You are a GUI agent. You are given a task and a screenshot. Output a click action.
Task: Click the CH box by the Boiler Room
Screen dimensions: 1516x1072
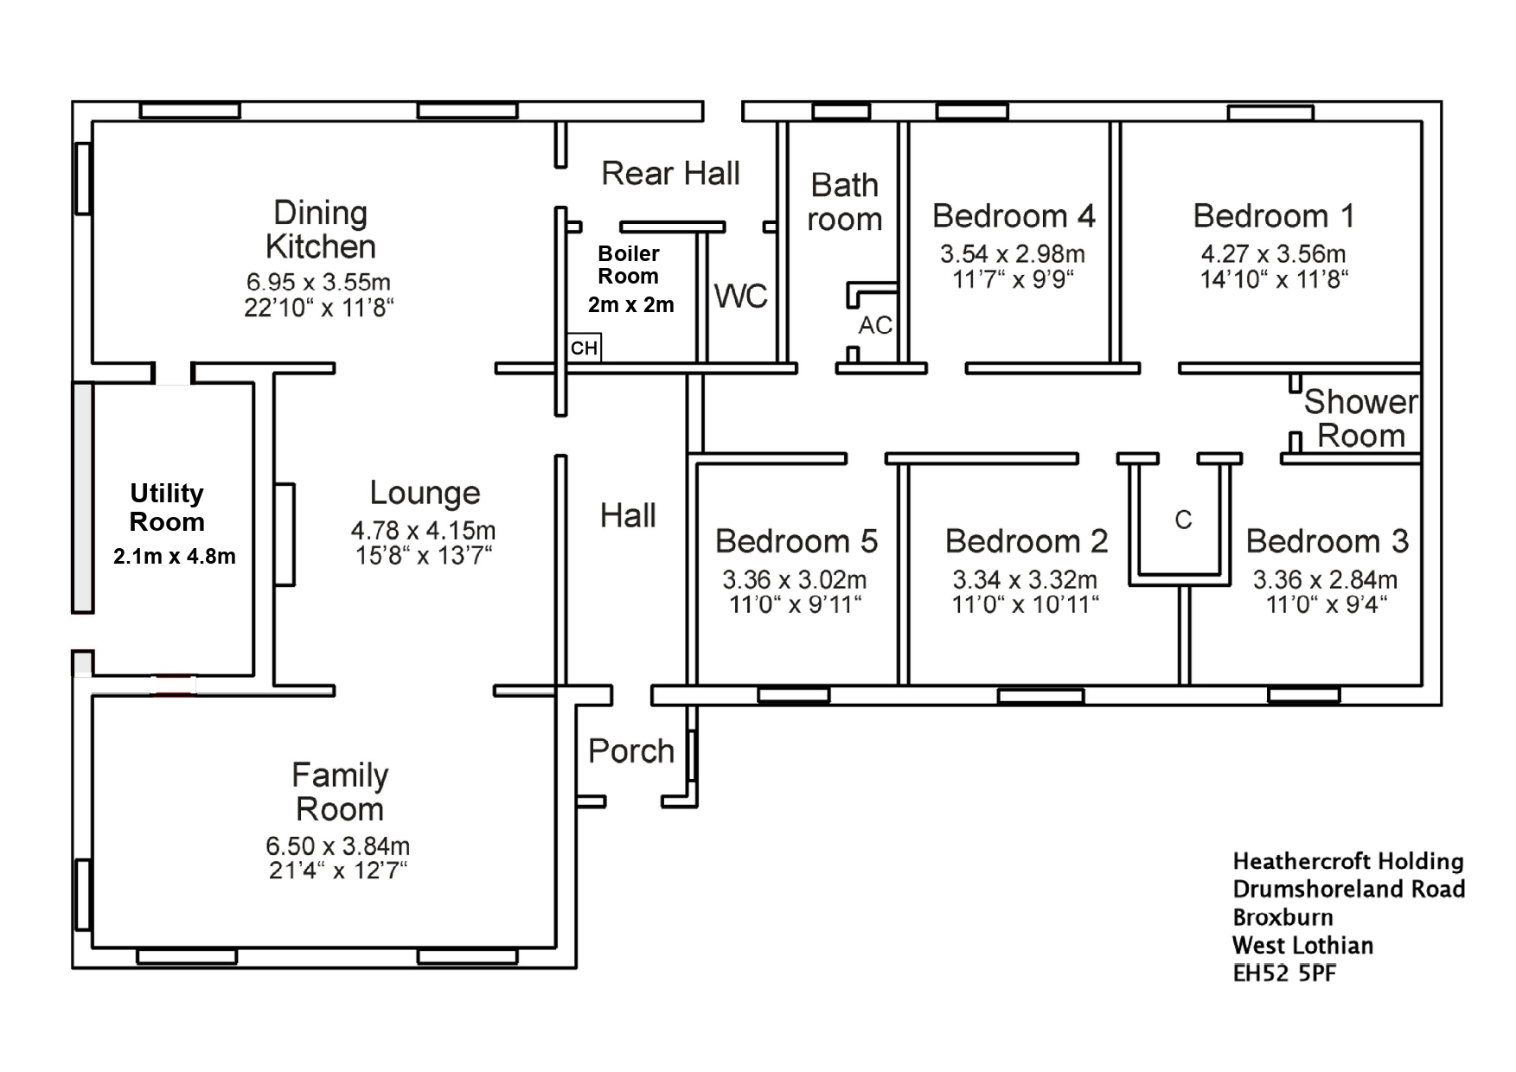(584, 348)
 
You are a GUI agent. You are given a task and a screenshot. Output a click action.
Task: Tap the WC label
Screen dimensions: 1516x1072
(741, 297)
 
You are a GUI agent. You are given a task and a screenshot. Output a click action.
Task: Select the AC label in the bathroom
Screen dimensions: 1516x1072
(875, 325)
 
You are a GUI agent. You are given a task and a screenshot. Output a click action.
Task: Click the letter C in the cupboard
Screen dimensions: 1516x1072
(1183, 520)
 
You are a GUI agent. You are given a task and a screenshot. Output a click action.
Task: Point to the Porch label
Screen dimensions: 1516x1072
(631, 751)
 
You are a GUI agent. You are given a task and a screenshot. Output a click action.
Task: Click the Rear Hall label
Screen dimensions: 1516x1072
(670, 173)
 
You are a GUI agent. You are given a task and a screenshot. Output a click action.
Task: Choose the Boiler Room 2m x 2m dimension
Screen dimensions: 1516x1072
(631, 304)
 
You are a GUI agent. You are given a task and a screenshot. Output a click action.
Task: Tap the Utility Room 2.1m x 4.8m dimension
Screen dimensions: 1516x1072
(174, 556)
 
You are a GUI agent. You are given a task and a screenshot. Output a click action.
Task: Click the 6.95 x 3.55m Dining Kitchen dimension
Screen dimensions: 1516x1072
(318, 282)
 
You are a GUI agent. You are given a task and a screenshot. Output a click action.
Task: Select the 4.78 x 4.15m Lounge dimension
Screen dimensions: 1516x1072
(423, 530)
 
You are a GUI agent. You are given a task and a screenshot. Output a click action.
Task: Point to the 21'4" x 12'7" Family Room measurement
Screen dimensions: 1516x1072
(337, 870)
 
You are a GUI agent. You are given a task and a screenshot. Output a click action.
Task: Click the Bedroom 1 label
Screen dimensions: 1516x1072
(1274, 215)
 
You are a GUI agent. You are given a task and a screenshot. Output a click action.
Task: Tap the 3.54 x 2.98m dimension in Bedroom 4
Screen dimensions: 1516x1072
(1013, 254)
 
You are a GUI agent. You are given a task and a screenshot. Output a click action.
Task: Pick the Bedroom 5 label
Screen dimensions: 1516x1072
(796, 541)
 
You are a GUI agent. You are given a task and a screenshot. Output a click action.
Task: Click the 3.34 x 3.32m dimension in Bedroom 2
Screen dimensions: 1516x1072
(1025, 579)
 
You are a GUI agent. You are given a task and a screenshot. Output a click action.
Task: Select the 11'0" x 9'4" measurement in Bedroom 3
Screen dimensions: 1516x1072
(1327, 604)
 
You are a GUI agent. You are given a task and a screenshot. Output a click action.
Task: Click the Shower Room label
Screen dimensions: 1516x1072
(1361, 418)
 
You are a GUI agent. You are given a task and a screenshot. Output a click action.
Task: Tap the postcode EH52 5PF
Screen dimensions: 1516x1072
(1284, 973)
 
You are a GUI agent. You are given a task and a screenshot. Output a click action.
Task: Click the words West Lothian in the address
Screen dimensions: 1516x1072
(1302, 945)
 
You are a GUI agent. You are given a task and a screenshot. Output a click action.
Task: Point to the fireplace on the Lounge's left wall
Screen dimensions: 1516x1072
(285, 534)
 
